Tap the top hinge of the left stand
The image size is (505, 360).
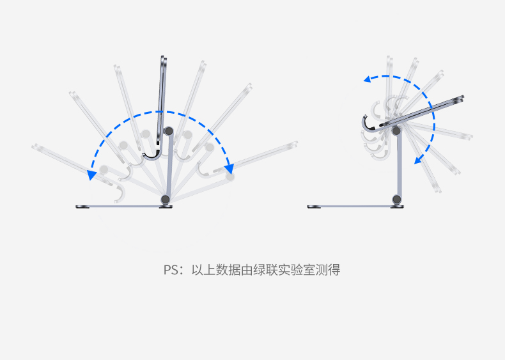click(169, 131)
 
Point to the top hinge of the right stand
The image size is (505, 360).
click(397, 131)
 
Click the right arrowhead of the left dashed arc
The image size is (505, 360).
click(229, 169)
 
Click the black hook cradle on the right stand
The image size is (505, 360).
click(369, 122)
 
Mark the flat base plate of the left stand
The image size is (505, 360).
click(118, 207)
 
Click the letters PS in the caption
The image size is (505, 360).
click(171, 270)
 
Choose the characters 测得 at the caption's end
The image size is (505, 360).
click(329, 270)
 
